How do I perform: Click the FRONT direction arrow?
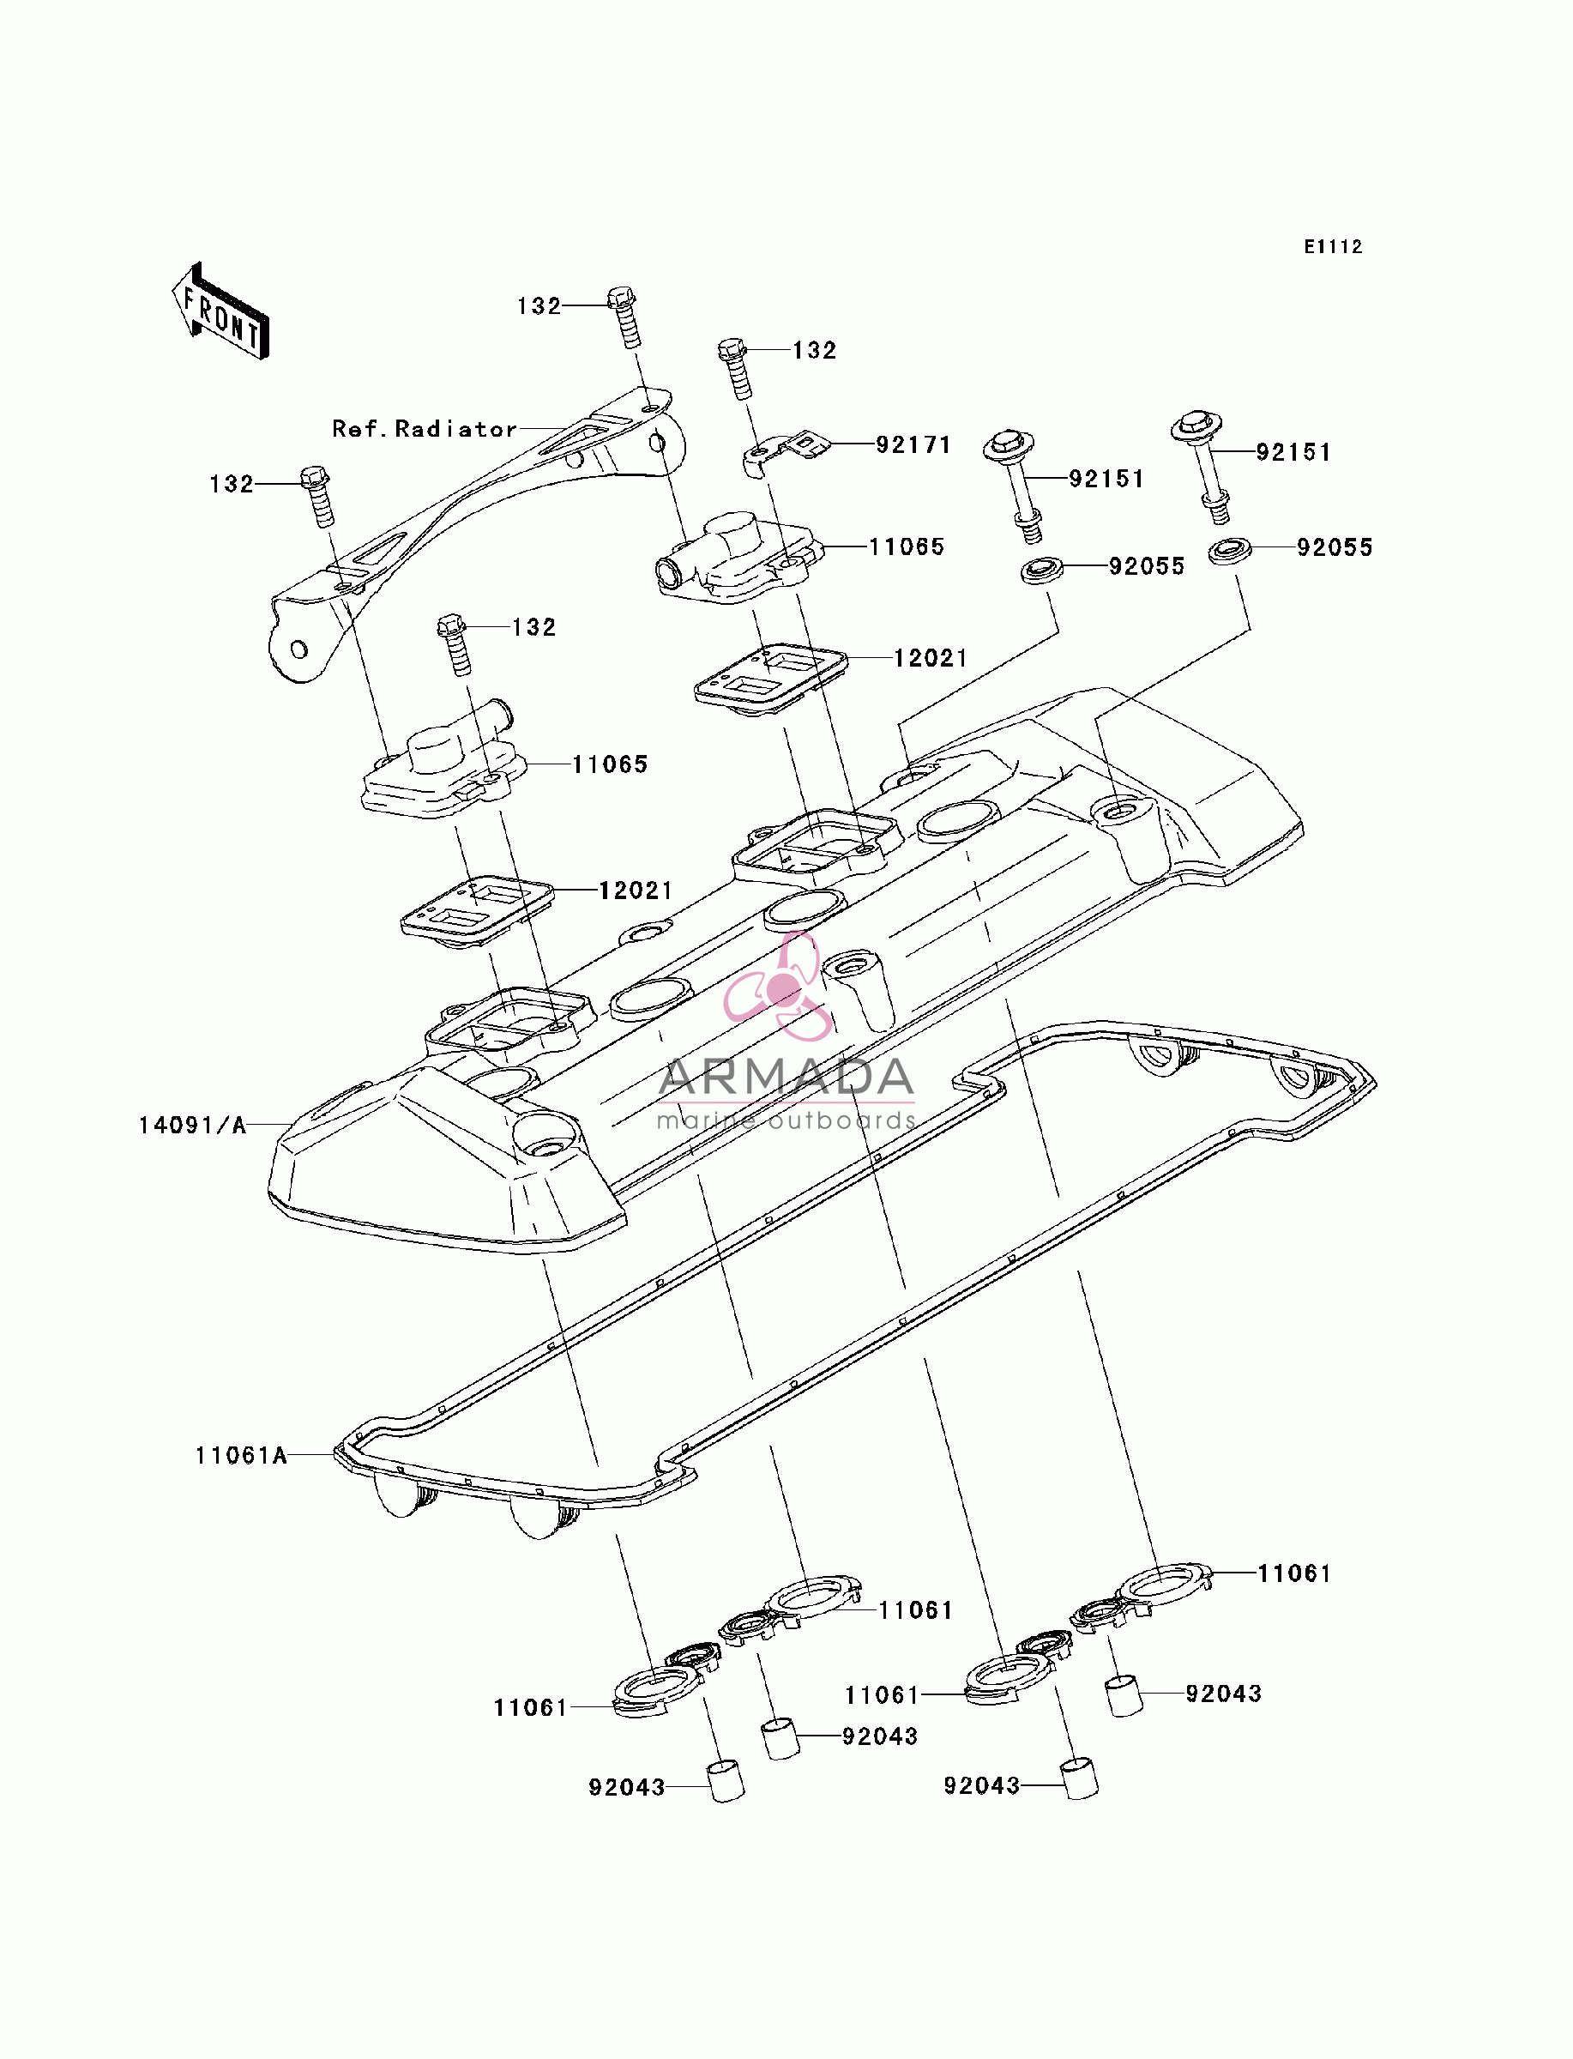click(221, 311)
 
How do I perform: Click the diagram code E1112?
click(1334, 246)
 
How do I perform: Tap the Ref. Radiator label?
click(425, 429)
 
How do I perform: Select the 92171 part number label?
click(913, 444)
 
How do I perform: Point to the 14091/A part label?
click(193, 1125)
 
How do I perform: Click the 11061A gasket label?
click(241, 1455)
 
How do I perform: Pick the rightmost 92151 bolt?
click(1204, 465)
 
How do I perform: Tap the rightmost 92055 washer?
click(1230, 551)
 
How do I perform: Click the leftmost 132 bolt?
click(317, 496)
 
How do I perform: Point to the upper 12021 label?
click(931, 658)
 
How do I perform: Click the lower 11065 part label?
click(611, 764)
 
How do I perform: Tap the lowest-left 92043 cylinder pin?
click(725, 1781)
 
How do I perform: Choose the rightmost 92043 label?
click(1224, 1693)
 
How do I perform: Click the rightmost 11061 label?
click(1294, 1573)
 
